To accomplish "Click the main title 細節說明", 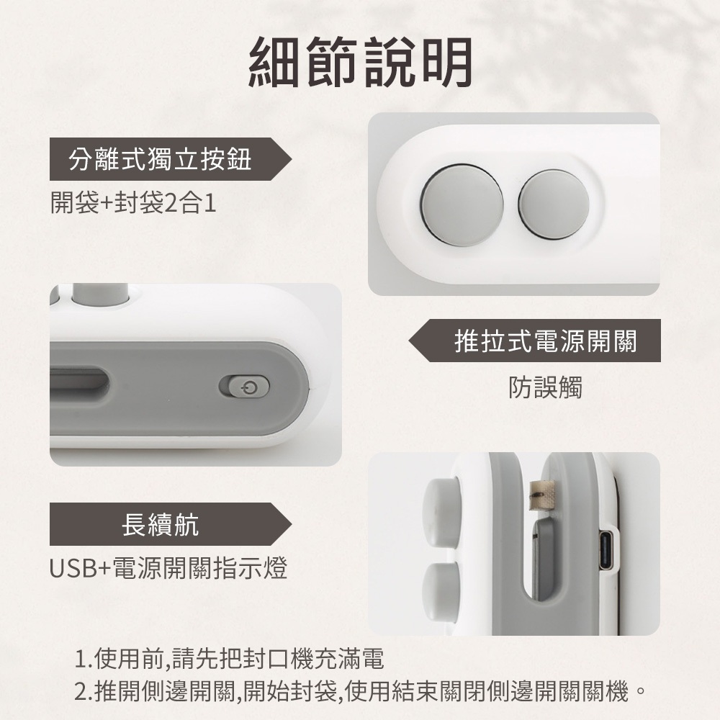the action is [x=360, y=62].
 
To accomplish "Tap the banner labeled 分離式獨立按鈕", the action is [x=171, y=159].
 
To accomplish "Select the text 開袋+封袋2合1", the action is [x=133, y=202].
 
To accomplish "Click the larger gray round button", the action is [x=462, y=204].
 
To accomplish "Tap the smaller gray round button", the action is [x=554, y=204].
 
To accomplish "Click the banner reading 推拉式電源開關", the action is [x=534, y=341].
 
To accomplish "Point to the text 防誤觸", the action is [x=545, y=387].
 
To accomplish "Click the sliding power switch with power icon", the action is [x=245, y=387].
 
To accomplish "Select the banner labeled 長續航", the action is [x=171, y=524].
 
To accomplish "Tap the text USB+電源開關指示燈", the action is [x=168, y=568].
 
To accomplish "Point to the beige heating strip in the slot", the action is [x=542, y=495].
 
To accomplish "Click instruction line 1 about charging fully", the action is [x=229, y=659].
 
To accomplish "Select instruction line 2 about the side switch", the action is [x=361, y=691].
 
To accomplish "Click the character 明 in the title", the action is [x=447, y=62].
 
